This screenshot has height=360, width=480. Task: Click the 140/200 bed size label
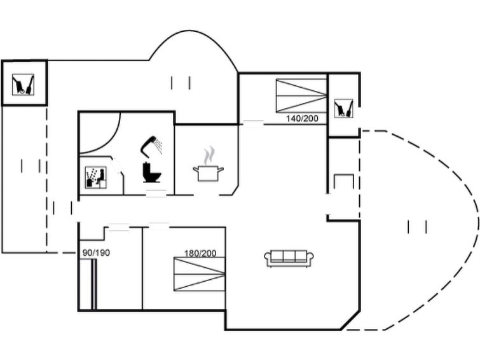click(302, 118)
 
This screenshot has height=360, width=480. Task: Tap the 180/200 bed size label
click(200, 253)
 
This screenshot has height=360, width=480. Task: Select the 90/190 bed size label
click(96, 253)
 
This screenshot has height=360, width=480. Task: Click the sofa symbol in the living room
click(289, 258)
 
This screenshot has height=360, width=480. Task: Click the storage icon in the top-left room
click(24, 83)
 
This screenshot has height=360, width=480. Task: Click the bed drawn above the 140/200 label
click(301, 95)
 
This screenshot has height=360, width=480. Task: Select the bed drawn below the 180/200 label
click(200, 274)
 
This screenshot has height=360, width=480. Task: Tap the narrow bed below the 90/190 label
click(93, 284)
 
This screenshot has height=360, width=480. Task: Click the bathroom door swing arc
click(102, 134)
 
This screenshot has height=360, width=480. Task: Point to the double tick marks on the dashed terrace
click(417, 226)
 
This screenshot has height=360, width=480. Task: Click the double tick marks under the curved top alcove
click(181, 82)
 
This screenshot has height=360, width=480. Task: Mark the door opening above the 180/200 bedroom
click(159, 224)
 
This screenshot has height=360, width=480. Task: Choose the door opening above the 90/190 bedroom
click(118, 225)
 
